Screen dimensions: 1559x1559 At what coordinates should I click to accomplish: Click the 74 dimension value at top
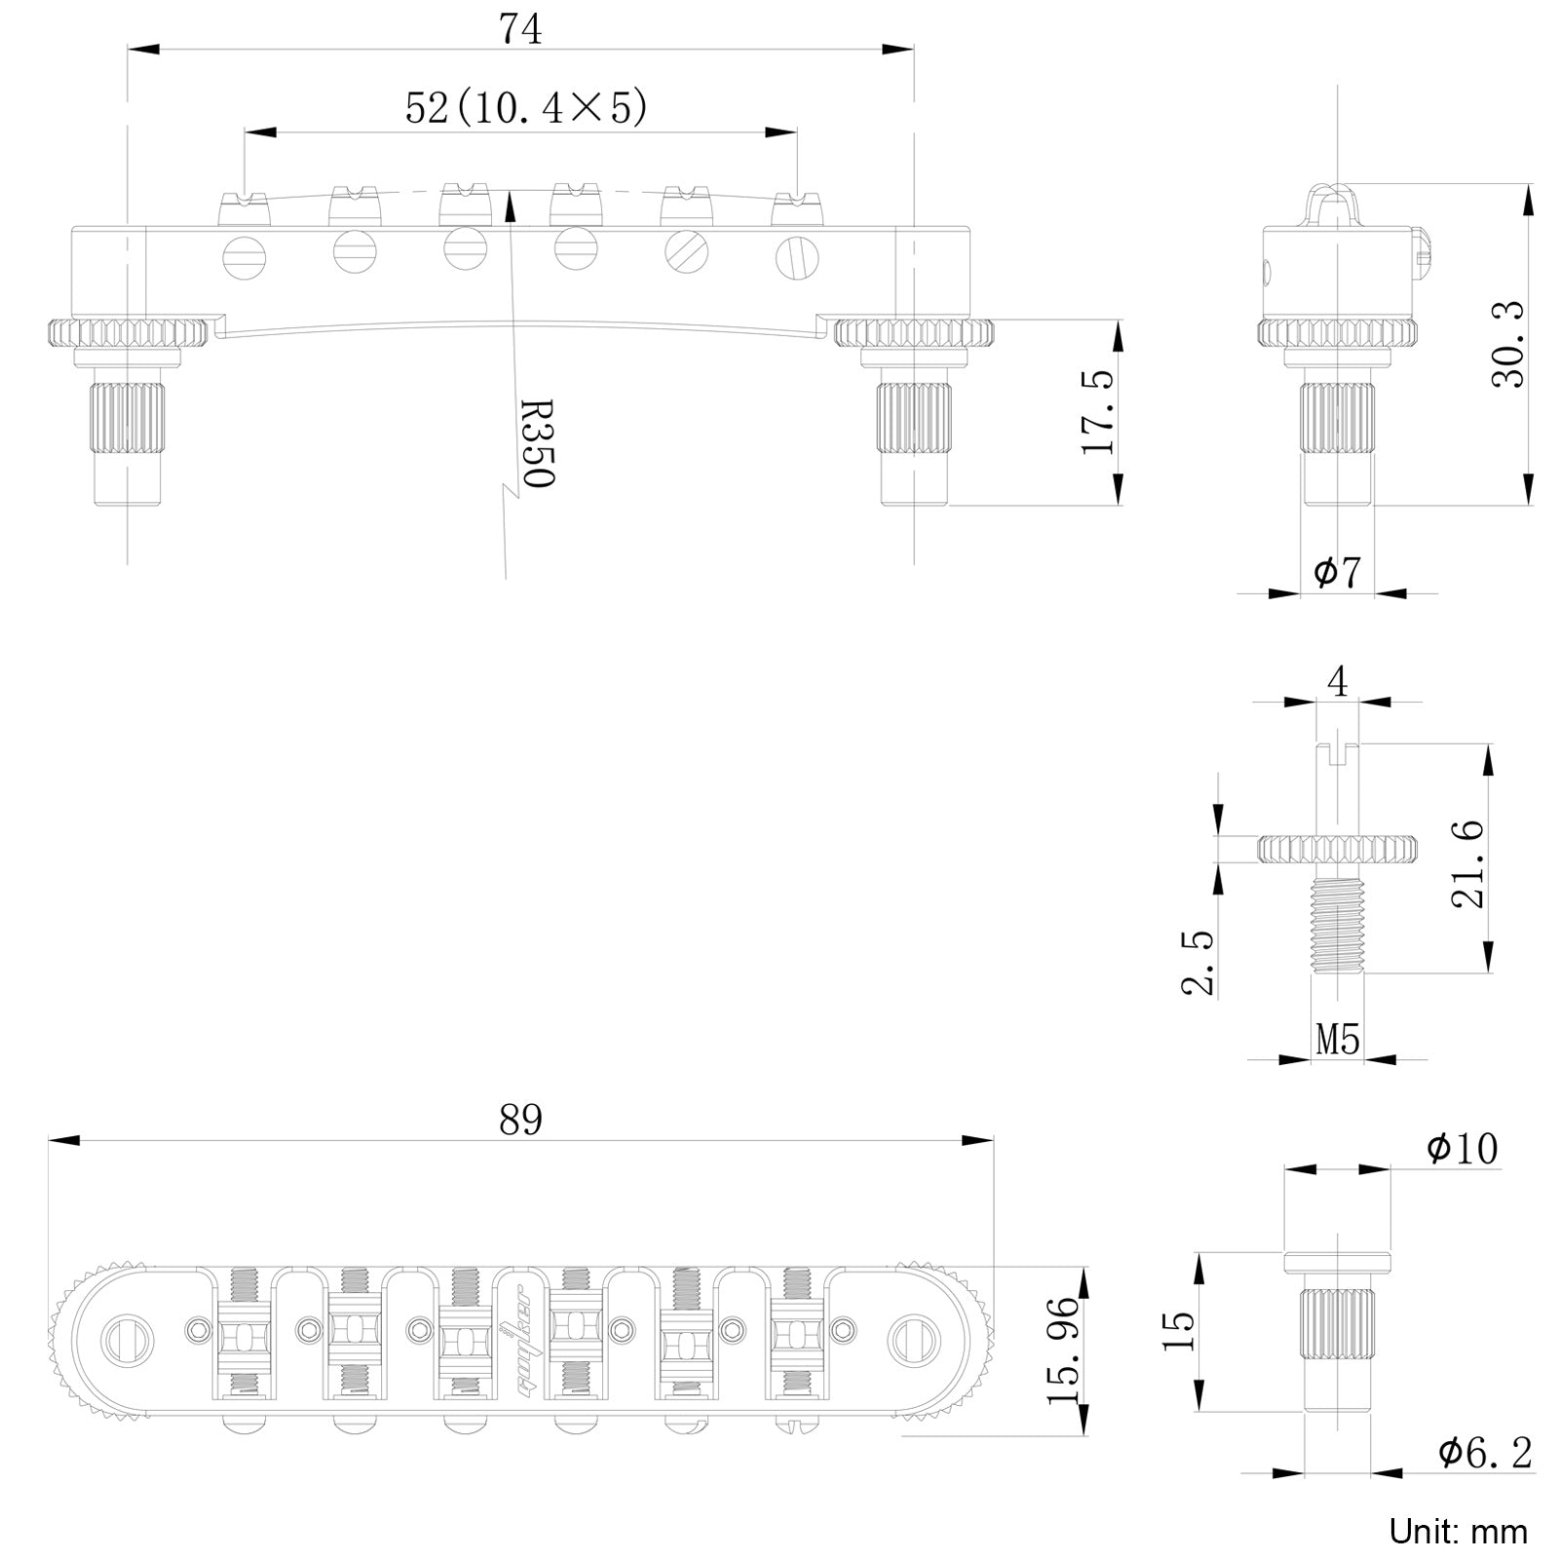(520, 29)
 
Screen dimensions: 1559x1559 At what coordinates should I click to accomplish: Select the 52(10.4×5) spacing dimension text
(526, 108)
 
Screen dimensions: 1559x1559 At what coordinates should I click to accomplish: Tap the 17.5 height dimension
(1097, 411)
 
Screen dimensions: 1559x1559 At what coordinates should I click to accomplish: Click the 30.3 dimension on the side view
(1507, 344)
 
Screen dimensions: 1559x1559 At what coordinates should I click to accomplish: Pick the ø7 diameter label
(1337, 573)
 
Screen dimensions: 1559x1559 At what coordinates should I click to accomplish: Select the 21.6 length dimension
(1467, 864)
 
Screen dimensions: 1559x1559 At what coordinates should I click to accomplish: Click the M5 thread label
(1338, 1041)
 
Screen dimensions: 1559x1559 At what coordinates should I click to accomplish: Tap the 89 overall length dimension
(520, 1121)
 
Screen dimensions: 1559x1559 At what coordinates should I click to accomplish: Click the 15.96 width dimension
(1063, 1350)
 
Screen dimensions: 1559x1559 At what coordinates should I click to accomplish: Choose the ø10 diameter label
(1463, 1149)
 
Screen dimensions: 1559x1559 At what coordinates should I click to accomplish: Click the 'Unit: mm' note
(1459, 1531)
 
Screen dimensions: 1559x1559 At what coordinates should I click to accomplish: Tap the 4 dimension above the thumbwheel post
(1338, 682)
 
